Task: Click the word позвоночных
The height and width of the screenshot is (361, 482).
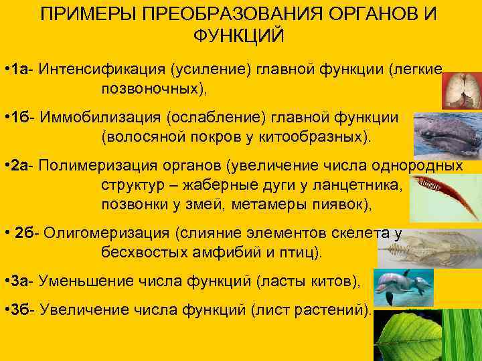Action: (x=153, y=89)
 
